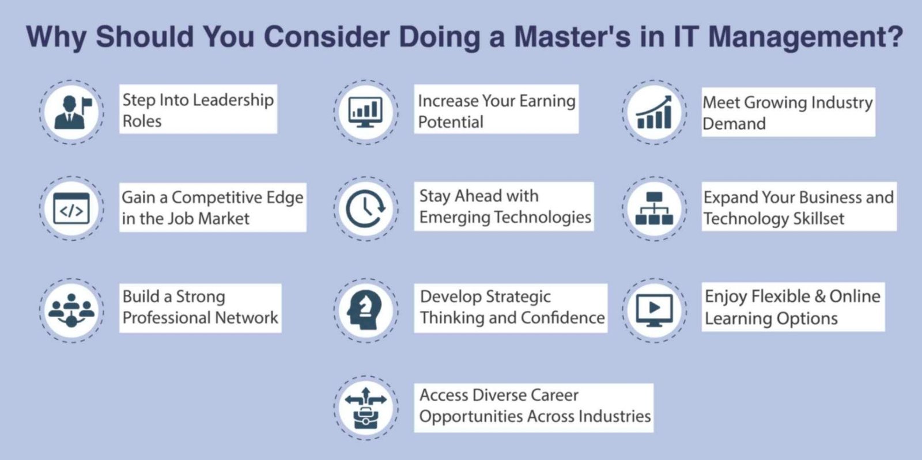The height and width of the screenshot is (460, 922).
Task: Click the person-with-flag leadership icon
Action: click(x=71, y=112)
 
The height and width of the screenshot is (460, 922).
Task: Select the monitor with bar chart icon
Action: click(x=366, y=112)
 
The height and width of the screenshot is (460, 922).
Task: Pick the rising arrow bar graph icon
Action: click(x=654, y=112)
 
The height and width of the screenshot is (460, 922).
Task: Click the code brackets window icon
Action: click(x=71, y=208)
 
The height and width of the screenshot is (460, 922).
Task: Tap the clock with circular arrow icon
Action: click(x=366, y=208)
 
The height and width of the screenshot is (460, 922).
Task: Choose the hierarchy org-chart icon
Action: click(x=654, y=208)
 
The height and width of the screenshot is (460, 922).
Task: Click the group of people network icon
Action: click(x=71, y=311)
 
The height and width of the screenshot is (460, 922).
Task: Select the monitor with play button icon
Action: click(x=654, y=310)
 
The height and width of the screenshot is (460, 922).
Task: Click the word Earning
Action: click(x=547, y=101)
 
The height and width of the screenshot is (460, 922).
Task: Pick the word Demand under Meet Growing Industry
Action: click(x=734, y=124)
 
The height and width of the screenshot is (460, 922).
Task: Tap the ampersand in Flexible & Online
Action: click(x=820, y=296)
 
